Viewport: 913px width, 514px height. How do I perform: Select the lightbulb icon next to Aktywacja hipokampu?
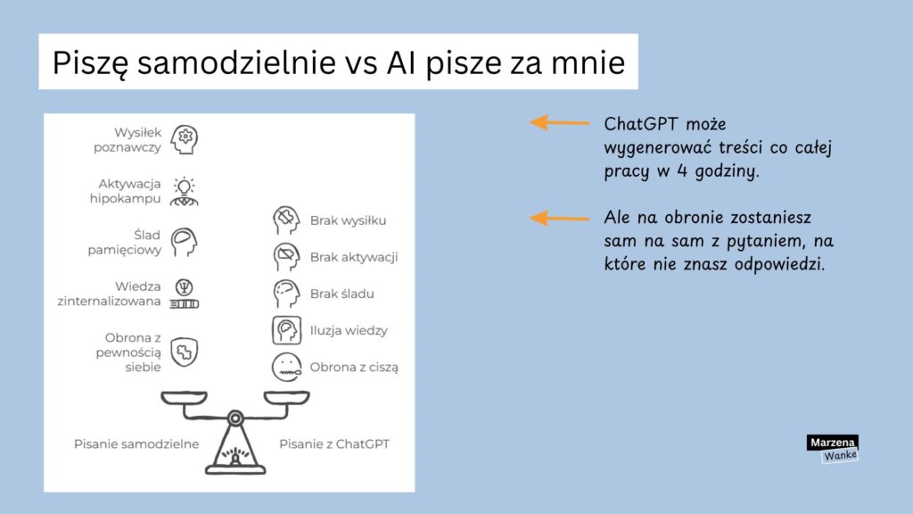point(185,190)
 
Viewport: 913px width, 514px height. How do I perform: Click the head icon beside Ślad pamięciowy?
point(185,242)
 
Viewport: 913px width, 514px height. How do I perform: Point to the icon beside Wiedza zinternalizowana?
point(185,294)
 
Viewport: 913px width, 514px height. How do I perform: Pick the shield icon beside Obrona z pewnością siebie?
point(185,351)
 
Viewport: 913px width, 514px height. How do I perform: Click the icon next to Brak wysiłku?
point(285,220)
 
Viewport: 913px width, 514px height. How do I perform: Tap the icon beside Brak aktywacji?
point(285,257)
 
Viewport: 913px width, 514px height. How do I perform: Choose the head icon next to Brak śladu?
point(285,294)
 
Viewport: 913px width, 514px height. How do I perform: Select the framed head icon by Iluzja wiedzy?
point(285,330)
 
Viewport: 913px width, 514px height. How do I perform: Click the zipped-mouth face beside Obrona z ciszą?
point(285,367)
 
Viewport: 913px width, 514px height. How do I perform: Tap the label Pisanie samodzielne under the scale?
point(136,444)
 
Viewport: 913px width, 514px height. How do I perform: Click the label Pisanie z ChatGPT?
point(334,444)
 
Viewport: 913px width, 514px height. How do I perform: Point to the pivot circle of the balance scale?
point(235,417)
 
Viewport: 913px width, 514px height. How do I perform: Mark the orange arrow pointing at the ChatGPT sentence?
point(559,122)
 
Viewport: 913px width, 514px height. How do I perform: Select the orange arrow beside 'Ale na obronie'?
point(559,217)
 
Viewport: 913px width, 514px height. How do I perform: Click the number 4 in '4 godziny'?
point(686,171)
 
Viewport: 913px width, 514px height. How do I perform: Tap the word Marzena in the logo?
point(832,443)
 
